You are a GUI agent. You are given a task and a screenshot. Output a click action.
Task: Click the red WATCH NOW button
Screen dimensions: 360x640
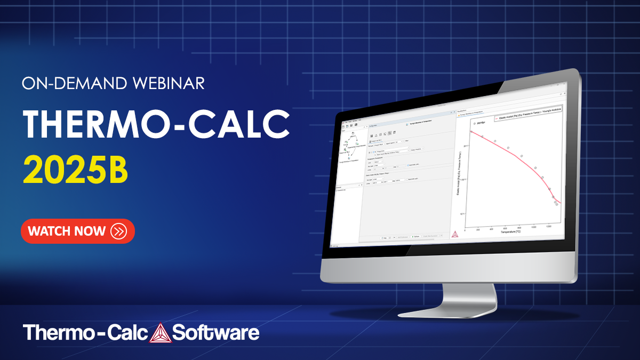pos(77,231)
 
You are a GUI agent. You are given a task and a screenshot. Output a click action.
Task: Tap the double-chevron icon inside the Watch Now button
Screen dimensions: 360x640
pos(118,231)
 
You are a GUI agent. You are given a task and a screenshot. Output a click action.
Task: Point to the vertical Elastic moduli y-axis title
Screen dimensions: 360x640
pos(460,169)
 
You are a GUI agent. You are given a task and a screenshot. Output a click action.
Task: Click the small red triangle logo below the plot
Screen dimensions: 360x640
pos(454,233)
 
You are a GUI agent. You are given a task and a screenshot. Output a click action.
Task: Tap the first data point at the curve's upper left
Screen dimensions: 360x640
pos(471,132)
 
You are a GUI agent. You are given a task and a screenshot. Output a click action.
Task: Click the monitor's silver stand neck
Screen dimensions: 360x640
pos(459,299)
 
